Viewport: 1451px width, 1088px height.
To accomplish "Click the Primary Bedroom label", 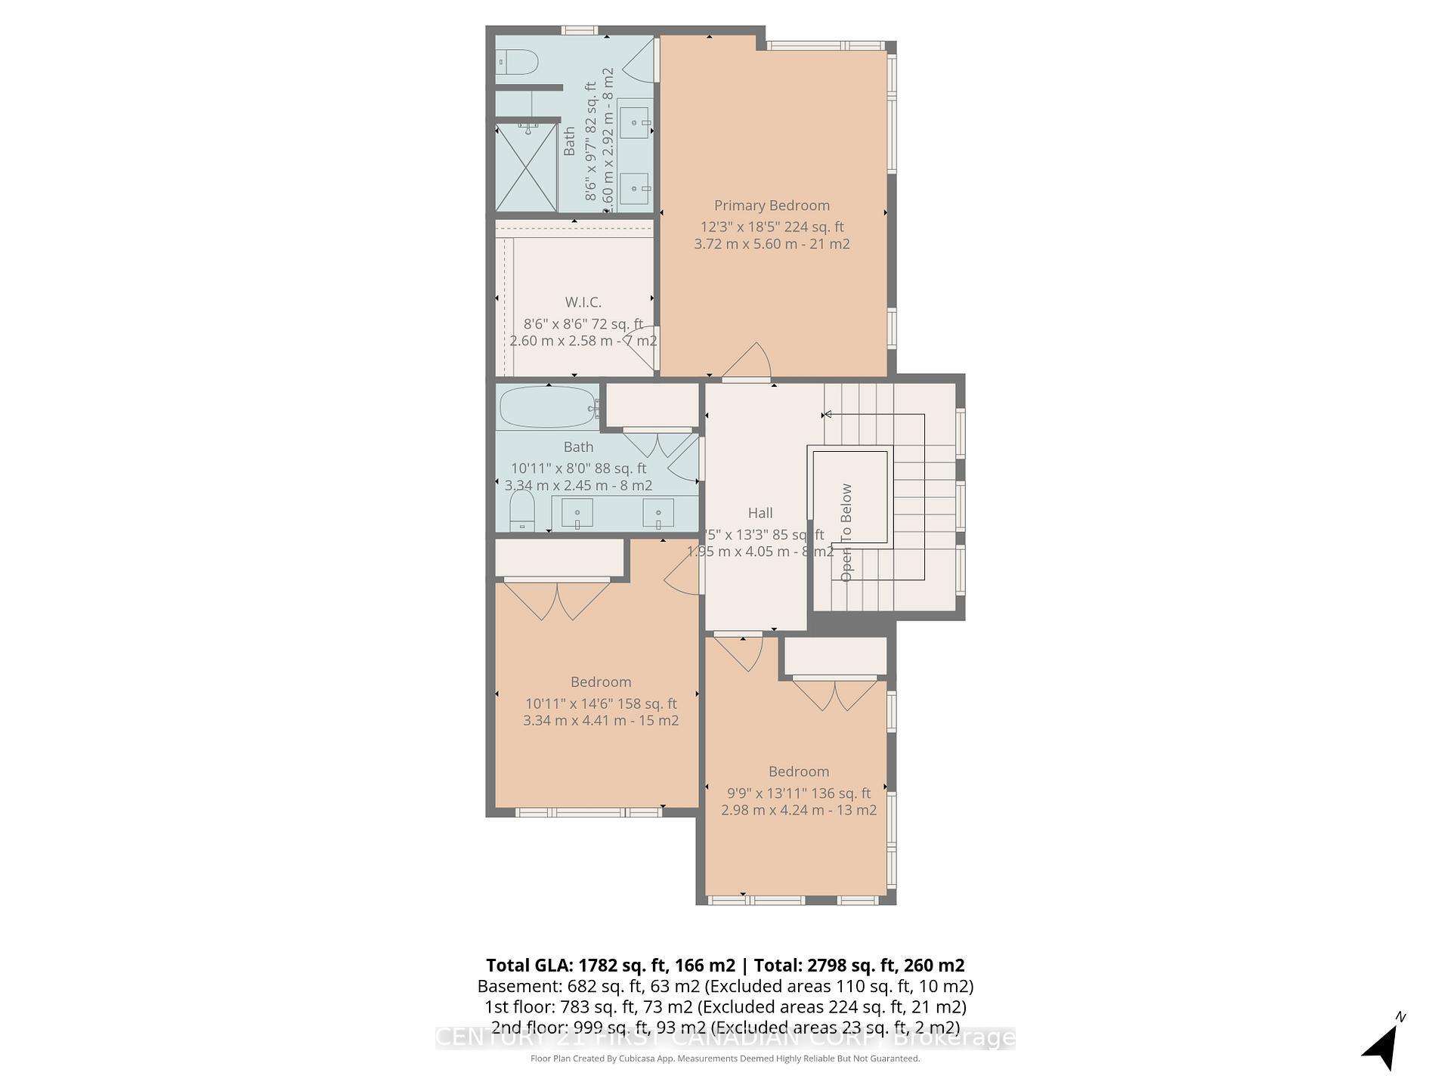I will tap(772, 206).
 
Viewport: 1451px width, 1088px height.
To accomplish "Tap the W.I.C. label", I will tap(583, 302).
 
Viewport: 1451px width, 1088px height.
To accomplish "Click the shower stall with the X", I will tap(527, 168).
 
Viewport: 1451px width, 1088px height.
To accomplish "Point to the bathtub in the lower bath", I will tap(547, 408).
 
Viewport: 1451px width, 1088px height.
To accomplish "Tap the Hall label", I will tap(760, 513).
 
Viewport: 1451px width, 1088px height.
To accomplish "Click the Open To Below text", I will tap(846, 533).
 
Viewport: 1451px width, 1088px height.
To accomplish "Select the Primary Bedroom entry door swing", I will tap(748, 363).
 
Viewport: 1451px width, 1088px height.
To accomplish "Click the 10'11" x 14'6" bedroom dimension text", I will tap(601, 703).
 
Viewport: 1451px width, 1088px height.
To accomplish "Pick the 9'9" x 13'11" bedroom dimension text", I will tap(799, 793).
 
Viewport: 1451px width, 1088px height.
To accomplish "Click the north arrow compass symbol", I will tap(1383, 1046).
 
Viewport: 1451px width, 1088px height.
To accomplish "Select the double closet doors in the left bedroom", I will tap(557, 601).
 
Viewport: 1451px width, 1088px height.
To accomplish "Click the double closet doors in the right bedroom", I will tap(835, 695).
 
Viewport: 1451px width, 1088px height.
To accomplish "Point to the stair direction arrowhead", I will tap(827, 414).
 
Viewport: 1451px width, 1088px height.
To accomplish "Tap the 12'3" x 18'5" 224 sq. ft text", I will tap(772, 227).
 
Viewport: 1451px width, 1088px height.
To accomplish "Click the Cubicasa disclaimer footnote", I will tap(725, 1059).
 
